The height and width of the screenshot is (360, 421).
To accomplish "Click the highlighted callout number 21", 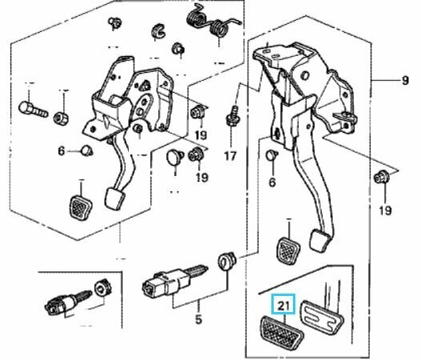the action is click(283, 306).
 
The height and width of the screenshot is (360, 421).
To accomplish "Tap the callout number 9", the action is click(405, 80).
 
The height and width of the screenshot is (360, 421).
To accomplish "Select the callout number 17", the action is click(230, 156).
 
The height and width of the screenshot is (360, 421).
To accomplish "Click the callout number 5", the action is click(198, 319).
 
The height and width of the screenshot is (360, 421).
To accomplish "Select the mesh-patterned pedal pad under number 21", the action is click(282, 333).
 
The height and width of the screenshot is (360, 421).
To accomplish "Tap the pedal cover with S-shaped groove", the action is click(322, 317).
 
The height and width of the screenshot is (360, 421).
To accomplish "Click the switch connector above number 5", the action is click(172, 282).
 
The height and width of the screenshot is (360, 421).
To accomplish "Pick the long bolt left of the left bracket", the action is click(33, 110).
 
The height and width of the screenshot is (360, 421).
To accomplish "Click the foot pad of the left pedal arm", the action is click(114, 198).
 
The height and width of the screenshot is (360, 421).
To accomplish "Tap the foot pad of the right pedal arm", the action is click(320, 240).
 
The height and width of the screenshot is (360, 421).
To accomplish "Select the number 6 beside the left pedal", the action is click(62, 151).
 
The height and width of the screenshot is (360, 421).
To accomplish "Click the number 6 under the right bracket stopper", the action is click(272, 182).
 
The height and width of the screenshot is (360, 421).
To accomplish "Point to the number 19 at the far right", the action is click(385, 210).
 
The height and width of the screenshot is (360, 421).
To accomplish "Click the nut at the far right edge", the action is click(382, 177).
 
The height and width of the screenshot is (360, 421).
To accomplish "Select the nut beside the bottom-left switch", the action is click(102, 288).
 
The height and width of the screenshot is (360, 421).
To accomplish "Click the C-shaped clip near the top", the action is click(158, 31).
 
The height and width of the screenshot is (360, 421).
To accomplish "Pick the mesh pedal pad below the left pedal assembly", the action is click(80, 206).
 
